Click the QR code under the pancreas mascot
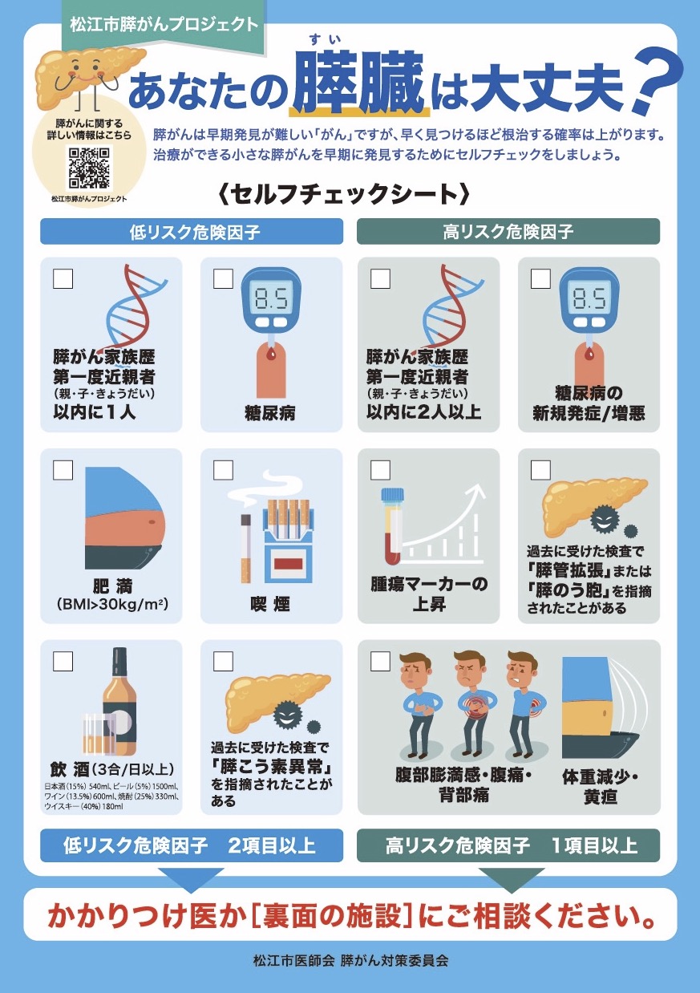(x=89, y=168)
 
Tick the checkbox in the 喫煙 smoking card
(x=223, y=469)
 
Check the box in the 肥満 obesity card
(x=63, y=469)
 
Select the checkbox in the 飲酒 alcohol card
(x=63, y=661)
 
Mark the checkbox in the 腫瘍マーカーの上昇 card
(x=380, y=469)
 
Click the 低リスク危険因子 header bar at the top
(x=192, y=231)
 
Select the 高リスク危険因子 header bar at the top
(x=508, y=231)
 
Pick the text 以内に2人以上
(x=423, y=412)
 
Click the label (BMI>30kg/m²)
(x=112, y=604)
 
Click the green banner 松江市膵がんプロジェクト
(x=164, y=24)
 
